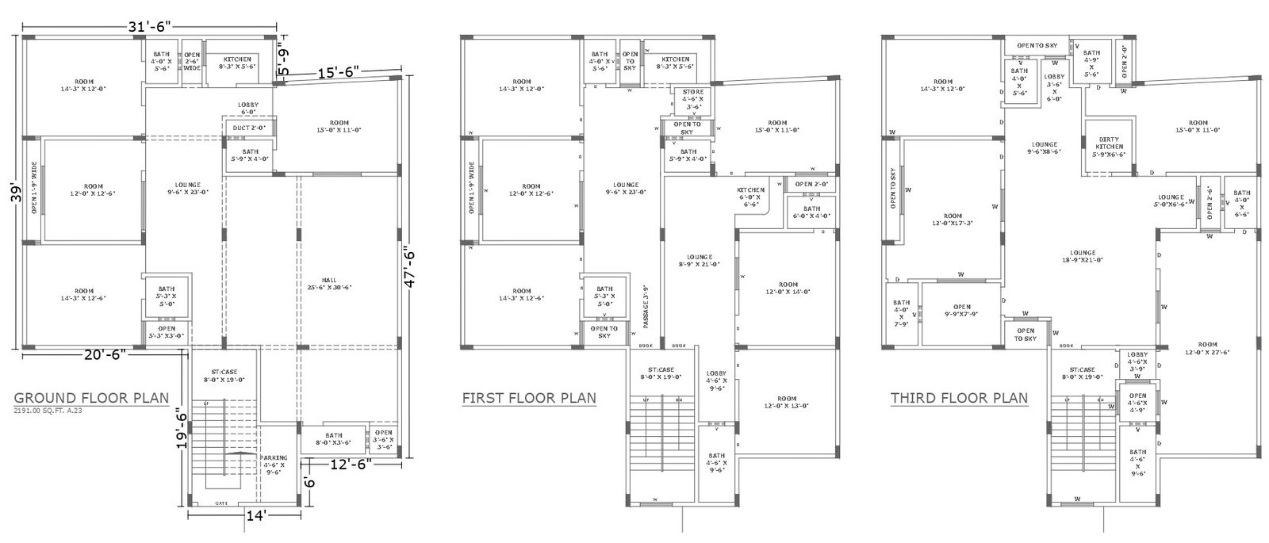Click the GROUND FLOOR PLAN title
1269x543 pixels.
92,397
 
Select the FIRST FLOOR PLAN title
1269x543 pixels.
529,397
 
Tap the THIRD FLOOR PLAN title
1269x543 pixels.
959,397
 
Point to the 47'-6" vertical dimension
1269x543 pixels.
410,270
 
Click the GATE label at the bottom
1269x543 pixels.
222,503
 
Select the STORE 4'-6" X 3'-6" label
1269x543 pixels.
693,98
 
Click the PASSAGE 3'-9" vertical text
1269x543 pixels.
646,306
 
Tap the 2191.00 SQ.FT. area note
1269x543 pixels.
48,411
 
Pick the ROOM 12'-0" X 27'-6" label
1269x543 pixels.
1207,348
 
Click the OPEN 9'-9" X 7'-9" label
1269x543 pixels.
961,311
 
